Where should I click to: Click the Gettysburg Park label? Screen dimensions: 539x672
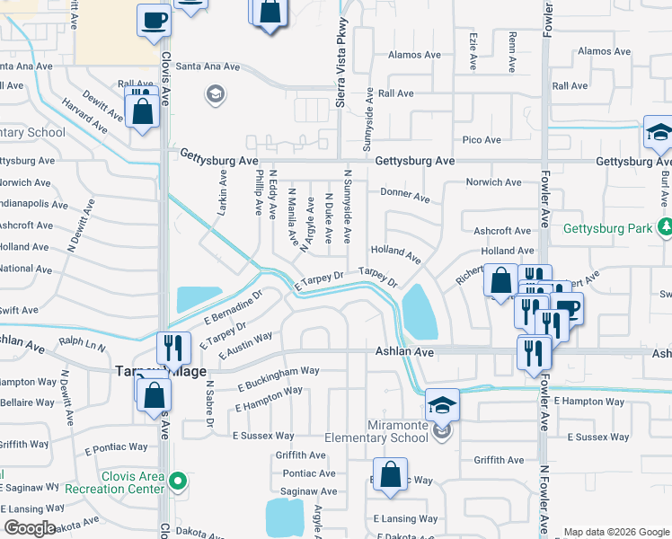(608, 228)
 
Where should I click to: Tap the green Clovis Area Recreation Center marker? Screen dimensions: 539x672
(179, 482)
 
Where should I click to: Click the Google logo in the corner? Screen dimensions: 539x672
(31, 527)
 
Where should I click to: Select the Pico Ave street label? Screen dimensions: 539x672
(481, 140)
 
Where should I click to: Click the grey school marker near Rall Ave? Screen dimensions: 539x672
(215, 93)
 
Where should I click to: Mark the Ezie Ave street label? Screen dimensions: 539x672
(472, 51)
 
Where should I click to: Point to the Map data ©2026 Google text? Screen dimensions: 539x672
(615, 532)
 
